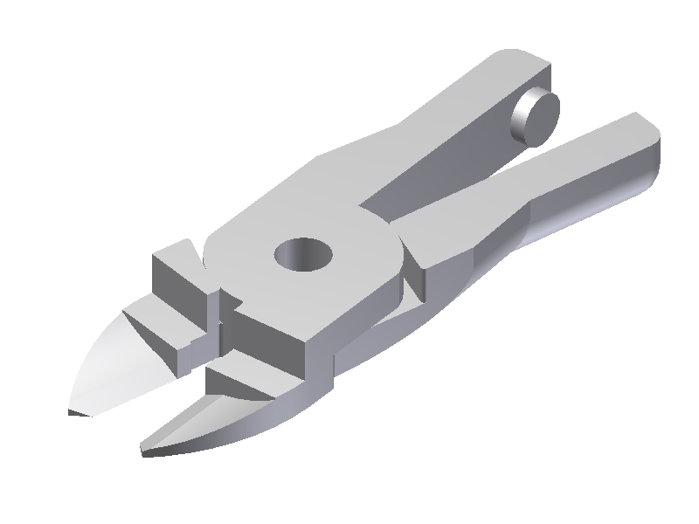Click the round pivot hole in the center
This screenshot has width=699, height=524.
point(304,255)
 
